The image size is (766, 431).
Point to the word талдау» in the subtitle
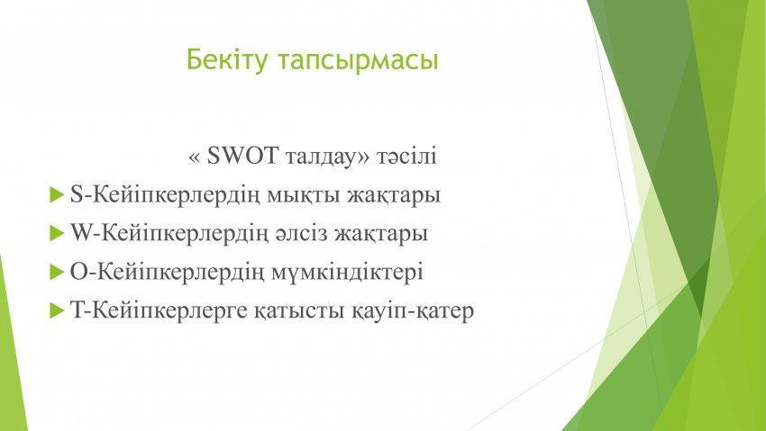(x=327, y=157)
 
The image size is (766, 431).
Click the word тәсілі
(x=406, y=157)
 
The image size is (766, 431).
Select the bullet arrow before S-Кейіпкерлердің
(x=57, y=196)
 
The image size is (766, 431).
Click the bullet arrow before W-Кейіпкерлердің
(x=57, y=233)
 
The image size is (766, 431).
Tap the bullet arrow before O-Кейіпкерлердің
(x=57, y=272)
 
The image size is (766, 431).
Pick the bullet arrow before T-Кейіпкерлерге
(x=57, y=310)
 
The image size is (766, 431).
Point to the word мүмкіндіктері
(x=347, y=272)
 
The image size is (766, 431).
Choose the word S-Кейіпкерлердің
(x=166, y=196)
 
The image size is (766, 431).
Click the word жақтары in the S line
(x=394, y=196)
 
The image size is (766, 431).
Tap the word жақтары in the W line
(x=381, y=234)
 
